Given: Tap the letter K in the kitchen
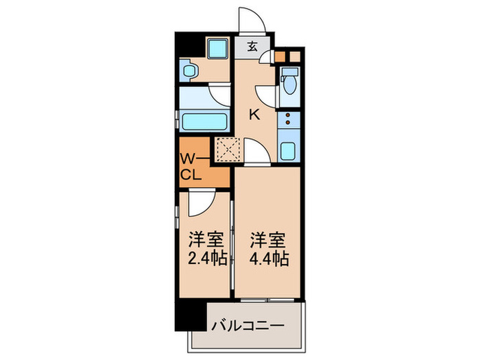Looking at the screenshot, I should (253, 115).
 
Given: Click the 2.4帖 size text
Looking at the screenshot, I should (206, 259).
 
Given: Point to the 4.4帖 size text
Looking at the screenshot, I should (268, 259).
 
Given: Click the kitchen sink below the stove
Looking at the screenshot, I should (288, 149).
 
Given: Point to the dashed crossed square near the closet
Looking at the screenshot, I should (226, 148).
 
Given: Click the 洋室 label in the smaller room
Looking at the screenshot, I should (206, 241).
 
